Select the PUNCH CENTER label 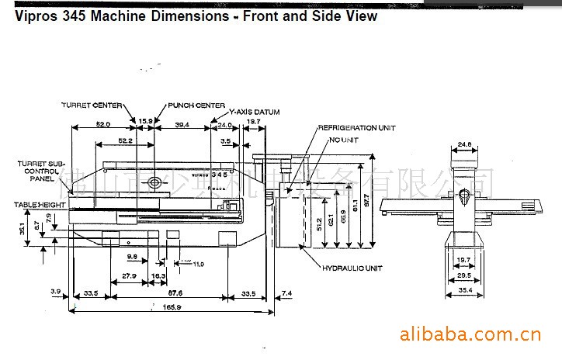click(x=196, y=105)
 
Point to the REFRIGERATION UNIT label click(x=357, y=127)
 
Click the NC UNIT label click(x=344, y=140)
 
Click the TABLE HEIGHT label click(x=37, y=204)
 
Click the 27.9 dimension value click(x=129, y=275)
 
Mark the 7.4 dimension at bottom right click(x=287, y=292)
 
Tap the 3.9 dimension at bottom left click(x=55, y=292)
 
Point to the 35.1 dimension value click(x=23, y=229)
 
